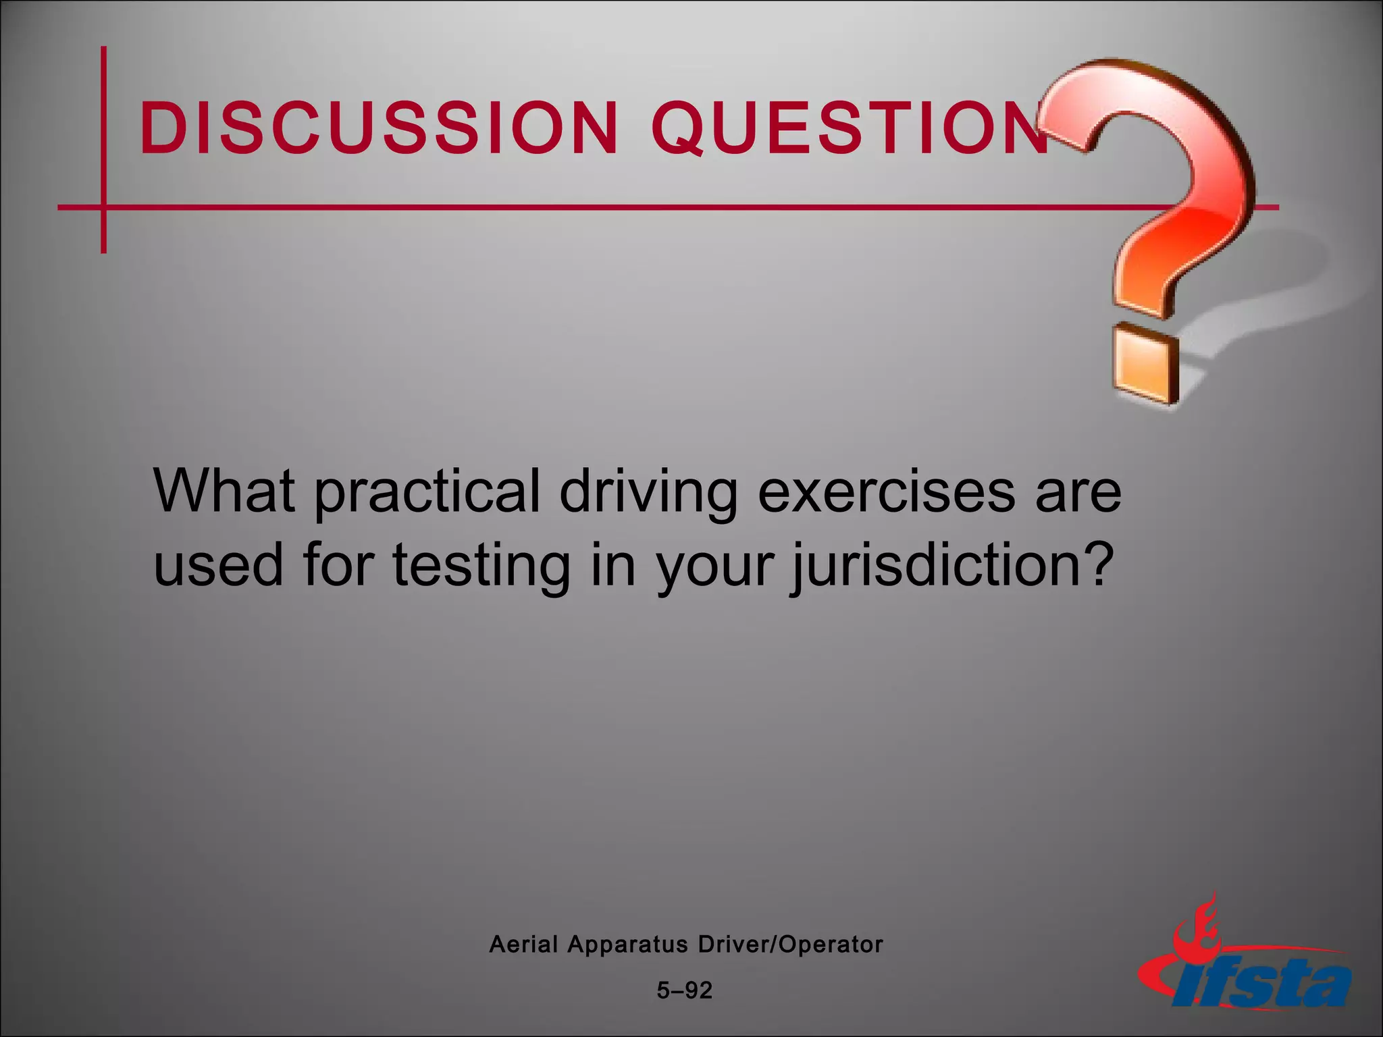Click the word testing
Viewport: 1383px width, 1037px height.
coord(481,566)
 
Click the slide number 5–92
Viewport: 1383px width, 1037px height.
coord(685,990)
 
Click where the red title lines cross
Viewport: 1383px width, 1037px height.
coord(103,207)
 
